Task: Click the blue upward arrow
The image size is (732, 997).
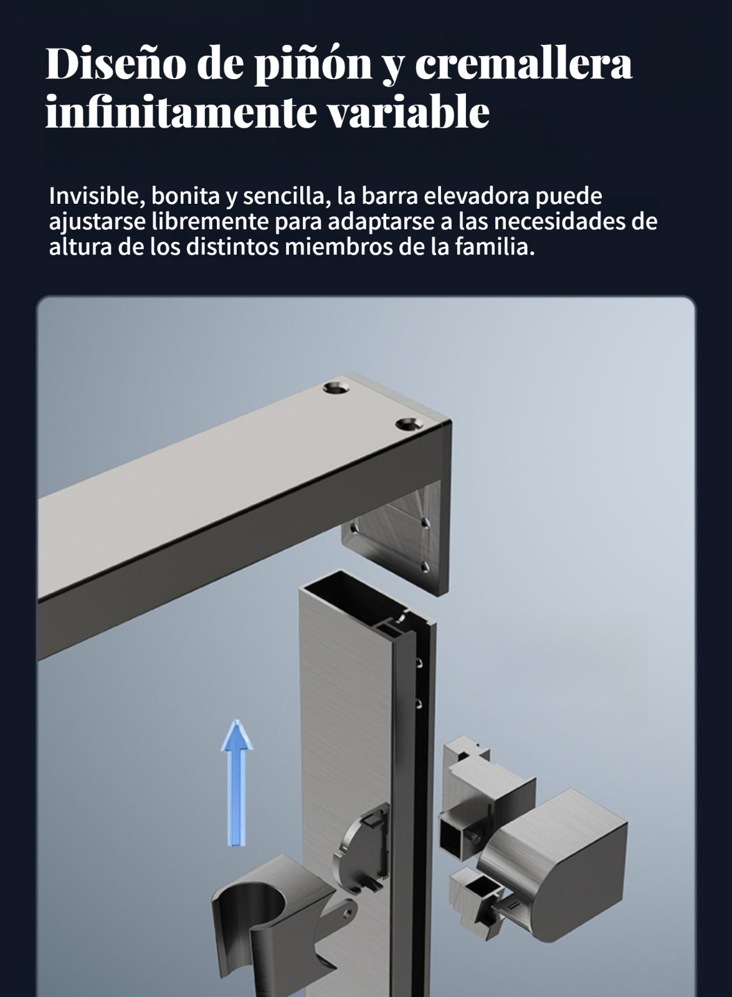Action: pyautogui.click(x=237, y=783)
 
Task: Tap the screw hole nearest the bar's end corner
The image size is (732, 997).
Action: pyautogui.click(x=409, y=424)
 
